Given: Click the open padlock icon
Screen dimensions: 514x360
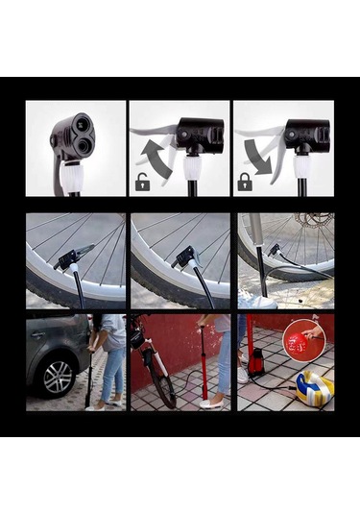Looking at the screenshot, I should click(144, 181).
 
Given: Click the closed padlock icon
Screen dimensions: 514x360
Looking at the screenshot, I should click(245, 181).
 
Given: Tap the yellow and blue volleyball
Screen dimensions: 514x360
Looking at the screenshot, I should click(313, 387).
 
